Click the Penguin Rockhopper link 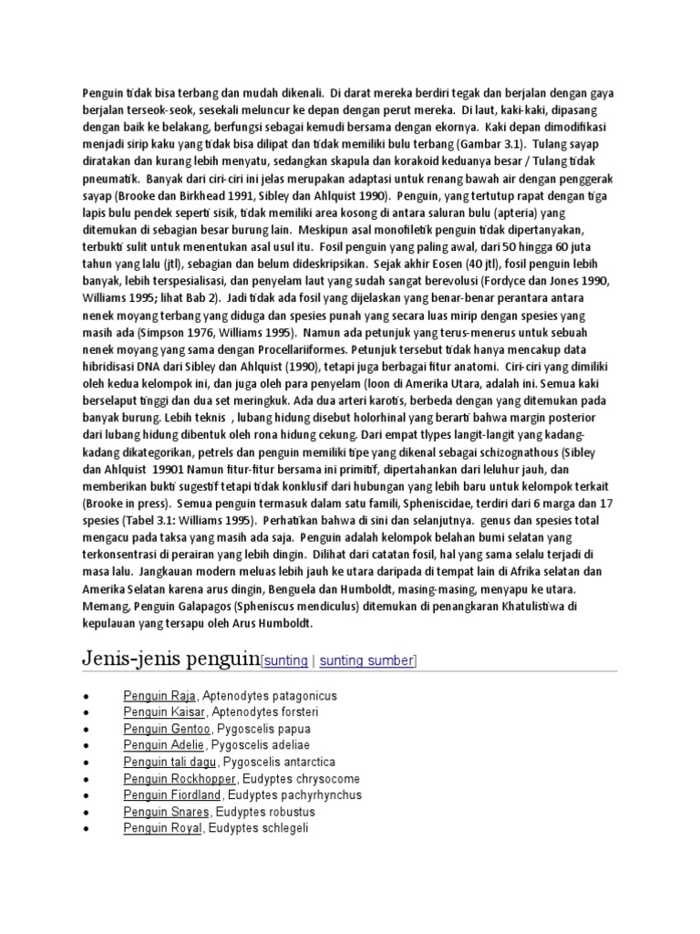180,779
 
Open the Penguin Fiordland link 173,795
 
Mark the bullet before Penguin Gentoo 85,730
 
